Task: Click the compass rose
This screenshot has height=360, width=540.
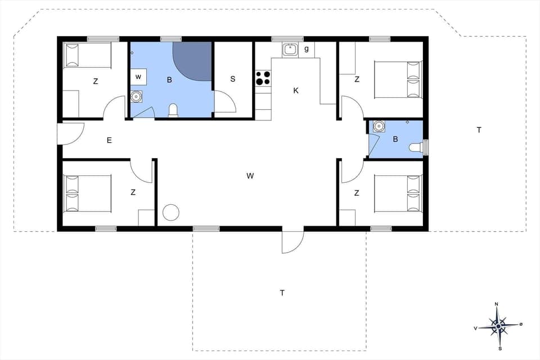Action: (x=497, y=325)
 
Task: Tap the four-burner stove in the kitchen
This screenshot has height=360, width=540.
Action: (x=263, y=78)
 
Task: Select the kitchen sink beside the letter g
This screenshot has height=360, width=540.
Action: (x=290, y=49)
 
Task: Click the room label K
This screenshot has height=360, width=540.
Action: (x=295, y=90)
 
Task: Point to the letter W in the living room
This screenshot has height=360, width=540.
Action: (x=250, y=176)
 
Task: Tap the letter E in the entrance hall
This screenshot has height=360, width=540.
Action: (x=109, y=140)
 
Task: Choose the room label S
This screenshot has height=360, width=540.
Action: (x=232, y=79)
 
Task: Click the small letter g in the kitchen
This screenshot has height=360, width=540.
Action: (x=307, y=49)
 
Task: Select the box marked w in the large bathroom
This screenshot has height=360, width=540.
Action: (x=138, y=76)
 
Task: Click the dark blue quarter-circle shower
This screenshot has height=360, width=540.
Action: (x=194, y=59)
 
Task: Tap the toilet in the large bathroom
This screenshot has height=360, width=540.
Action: (x=173, y=110)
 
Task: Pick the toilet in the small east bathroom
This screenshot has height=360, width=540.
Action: (x=416, y=147)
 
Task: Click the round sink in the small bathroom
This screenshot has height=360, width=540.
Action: (x=379, y=126)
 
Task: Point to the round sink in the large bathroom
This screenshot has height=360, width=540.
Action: (x=136, y=97)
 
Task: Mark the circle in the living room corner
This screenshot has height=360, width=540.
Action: (x=170, y=213)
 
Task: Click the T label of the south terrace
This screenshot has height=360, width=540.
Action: (x=282, y=292)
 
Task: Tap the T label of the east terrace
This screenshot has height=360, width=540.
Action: (x=479, y=130)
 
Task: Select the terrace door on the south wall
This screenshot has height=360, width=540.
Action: (x=292, y=241)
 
